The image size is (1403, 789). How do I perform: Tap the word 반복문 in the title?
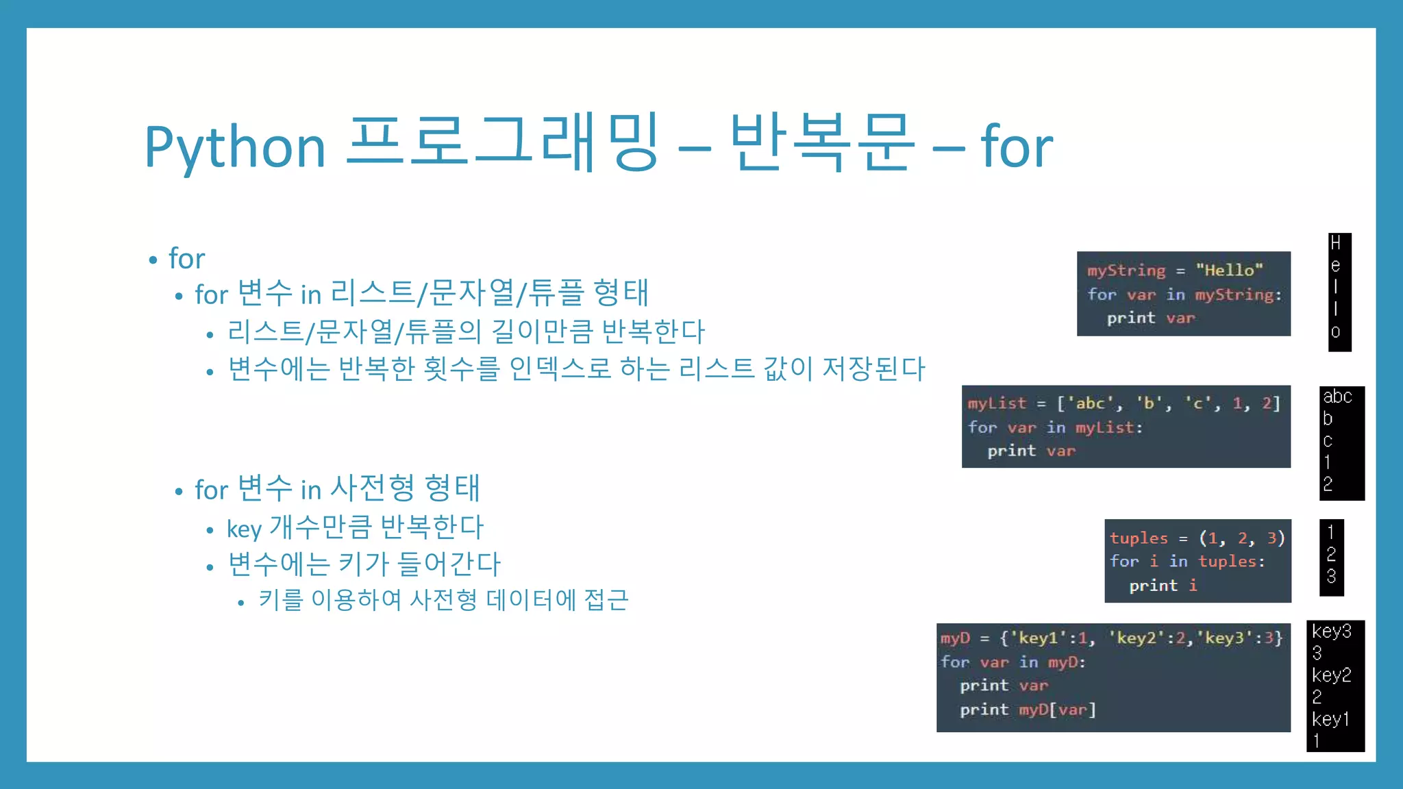(x=822, y=144)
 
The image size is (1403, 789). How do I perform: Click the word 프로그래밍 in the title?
(x=504, y=144)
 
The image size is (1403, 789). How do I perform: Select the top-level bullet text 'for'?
(x=186, y=259)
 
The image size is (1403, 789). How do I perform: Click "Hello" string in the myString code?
(x=1229, y=271)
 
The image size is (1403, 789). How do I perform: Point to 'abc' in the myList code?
(x=1090, y=403)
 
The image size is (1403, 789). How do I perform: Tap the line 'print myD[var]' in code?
(x=1028, y=710)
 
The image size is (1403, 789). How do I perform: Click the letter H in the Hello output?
(x=1335, y=243)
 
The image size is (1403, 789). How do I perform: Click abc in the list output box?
(x=1337, y=397)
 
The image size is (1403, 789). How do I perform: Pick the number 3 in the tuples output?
(x=1330, y=577)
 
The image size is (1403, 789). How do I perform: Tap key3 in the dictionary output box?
(x=1331, y=631)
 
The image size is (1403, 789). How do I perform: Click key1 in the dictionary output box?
(x=1330, y=719)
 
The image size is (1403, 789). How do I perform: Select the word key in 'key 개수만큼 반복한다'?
(x=244, y=529)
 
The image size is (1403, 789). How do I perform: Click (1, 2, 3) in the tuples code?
(x=1241, y=538)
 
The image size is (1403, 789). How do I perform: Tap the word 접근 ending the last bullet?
(x=606, y=600)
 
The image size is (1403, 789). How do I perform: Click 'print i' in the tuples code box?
(x=1163, y=586)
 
